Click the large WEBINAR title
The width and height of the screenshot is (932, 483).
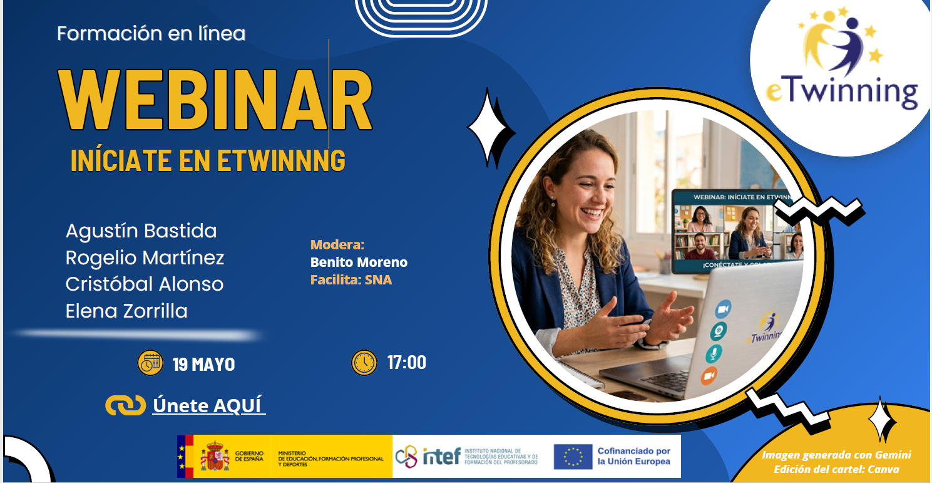[215, 100]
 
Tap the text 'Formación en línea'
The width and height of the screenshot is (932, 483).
[151, 33]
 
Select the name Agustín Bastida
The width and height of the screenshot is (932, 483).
[141, 231]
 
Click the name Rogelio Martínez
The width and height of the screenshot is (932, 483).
[145, 257]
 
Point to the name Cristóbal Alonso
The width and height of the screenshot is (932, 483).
[145, 284]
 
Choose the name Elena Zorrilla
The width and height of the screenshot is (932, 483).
[126, 311]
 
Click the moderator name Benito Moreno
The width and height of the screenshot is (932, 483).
[359, 262]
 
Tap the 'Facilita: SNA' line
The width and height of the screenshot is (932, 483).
[351, 279]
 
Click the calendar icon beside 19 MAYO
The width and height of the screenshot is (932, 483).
[150, 363]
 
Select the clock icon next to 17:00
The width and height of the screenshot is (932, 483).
[364, 362]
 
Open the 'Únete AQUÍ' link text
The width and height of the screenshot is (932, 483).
[209, 405]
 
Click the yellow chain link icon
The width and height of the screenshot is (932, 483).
[125, 405]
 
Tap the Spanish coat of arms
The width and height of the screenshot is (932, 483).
[215, 456]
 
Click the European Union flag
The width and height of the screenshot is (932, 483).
[573, 456]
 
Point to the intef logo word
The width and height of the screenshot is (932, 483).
[442, 456]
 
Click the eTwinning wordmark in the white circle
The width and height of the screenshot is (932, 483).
[842, 91]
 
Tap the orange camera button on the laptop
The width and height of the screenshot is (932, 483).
[709, 376]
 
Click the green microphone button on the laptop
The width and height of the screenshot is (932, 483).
[714, 354]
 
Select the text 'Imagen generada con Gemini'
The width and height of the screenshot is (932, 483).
[836, 455]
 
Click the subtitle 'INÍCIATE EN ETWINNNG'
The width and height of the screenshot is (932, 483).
[208, 160]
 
